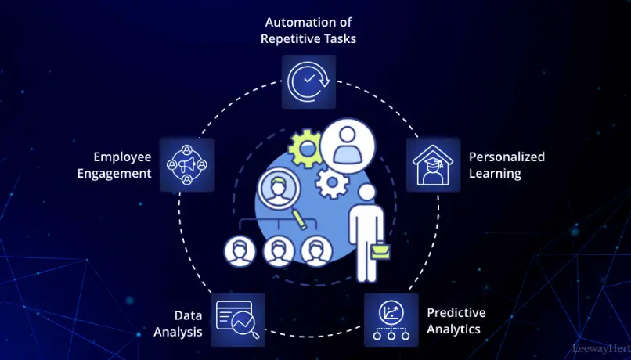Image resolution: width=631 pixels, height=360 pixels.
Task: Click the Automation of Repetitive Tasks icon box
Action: [x=308, y=81]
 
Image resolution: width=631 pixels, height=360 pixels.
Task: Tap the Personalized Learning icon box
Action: [x=432, y=165]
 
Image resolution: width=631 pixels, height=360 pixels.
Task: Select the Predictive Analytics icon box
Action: [x=390, y=319]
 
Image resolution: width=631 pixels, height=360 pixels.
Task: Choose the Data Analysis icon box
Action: [x=238, y=319]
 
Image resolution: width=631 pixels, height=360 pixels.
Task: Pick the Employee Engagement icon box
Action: [x=186, y=164]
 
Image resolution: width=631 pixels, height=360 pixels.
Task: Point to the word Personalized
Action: [x=507, y=157]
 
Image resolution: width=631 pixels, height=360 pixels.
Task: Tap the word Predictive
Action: [x=456, y=312]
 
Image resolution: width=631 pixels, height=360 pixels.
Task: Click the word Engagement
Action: [x=114, y=173]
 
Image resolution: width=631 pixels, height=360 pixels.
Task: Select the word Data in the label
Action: [x=189, y=315]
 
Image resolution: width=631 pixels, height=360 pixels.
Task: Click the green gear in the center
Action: [x=304, y=148]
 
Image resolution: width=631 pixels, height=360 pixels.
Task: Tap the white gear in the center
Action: [x=333, y=184]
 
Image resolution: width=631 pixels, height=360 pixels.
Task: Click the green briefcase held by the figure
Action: [x=383, y=250]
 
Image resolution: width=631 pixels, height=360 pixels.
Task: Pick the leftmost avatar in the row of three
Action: [x=240, y=251]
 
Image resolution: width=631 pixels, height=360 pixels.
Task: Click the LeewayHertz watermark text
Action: [x=606, y=348]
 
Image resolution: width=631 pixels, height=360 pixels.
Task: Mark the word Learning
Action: [x=495, y=173]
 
